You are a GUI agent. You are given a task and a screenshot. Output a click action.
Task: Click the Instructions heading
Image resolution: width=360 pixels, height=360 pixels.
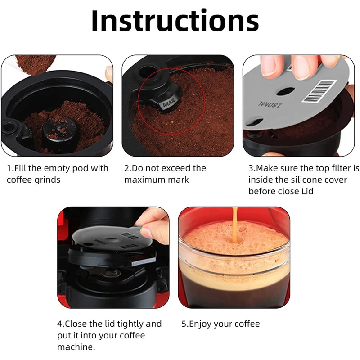pyautogui.click(x=175, y=21)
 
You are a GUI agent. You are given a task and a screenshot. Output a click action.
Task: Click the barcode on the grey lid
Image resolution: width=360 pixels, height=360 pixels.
pyautogui.click(x=319, y=91)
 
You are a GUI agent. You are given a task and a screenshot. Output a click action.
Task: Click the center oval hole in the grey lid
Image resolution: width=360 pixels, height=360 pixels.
pyautogui.click(x=285, y=91)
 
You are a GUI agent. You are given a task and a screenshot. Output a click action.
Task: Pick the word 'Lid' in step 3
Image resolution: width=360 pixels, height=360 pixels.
pyautogui.click(x=307, y=191)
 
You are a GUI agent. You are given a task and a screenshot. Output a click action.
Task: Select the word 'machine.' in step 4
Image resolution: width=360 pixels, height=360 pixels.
pyautogui.click(x=76, y=347)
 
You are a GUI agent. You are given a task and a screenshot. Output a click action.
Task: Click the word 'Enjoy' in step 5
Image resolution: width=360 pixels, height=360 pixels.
pyautogui.click(x=200, y=324)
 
